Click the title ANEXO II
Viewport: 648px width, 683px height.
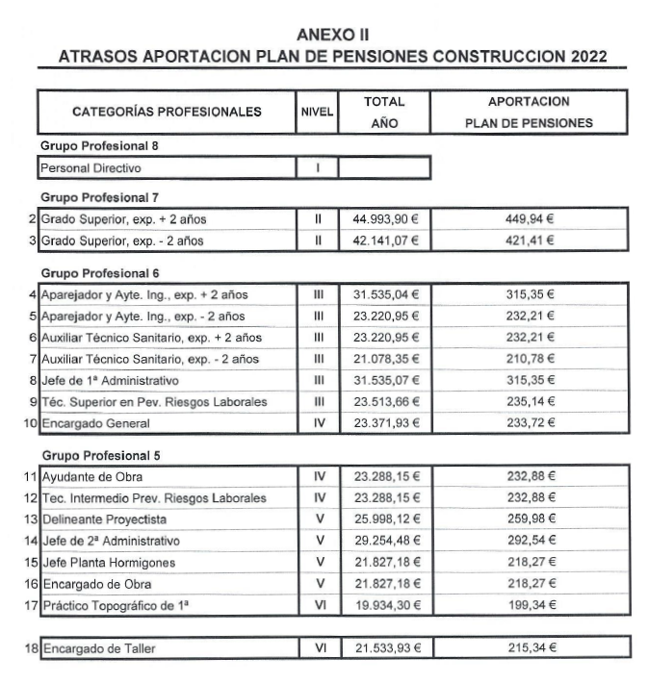click(324, 35)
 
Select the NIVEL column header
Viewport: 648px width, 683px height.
click(316, 112)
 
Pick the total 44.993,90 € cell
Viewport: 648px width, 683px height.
click(384, 218)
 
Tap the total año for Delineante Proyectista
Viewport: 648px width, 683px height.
click(384, 519)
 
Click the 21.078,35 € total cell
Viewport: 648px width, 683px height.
click(384, 359)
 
